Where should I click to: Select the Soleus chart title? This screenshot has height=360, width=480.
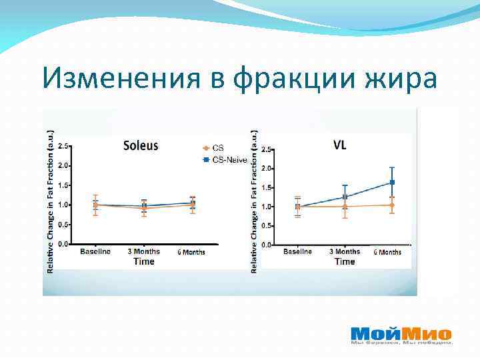click(x=140, y=145)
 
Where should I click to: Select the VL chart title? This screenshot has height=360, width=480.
click(x=339, y=145)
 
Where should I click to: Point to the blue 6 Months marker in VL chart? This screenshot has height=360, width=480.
click(x=392, y=182)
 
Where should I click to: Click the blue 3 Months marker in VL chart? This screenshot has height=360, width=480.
click(x=345, y=197)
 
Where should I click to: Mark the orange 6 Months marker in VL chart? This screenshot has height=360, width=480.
click(x=392, y=205)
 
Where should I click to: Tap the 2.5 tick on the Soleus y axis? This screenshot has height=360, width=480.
click(x=63, y=145)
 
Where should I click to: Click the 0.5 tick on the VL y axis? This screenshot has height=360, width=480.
click(x=266, y=226)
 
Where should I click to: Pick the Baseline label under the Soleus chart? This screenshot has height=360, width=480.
click(x=95, y=251)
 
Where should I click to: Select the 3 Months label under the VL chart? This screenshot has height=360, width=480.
click(x=345, y=252)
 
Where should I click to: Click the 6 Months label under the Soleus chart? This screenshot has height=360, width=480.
click(x=191, y=252)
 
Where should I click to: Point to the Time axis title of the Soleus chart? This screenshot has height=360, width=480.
click(x=143, y=261)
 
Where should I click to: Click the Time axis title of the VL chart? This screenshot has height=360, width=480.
click(x=345, y=262)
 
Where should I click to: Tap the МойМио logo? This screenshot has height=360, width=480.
click(x=401, y=335)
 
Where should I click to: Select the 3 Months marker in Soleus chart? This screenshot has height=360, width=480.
click(x=144, y=207)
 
